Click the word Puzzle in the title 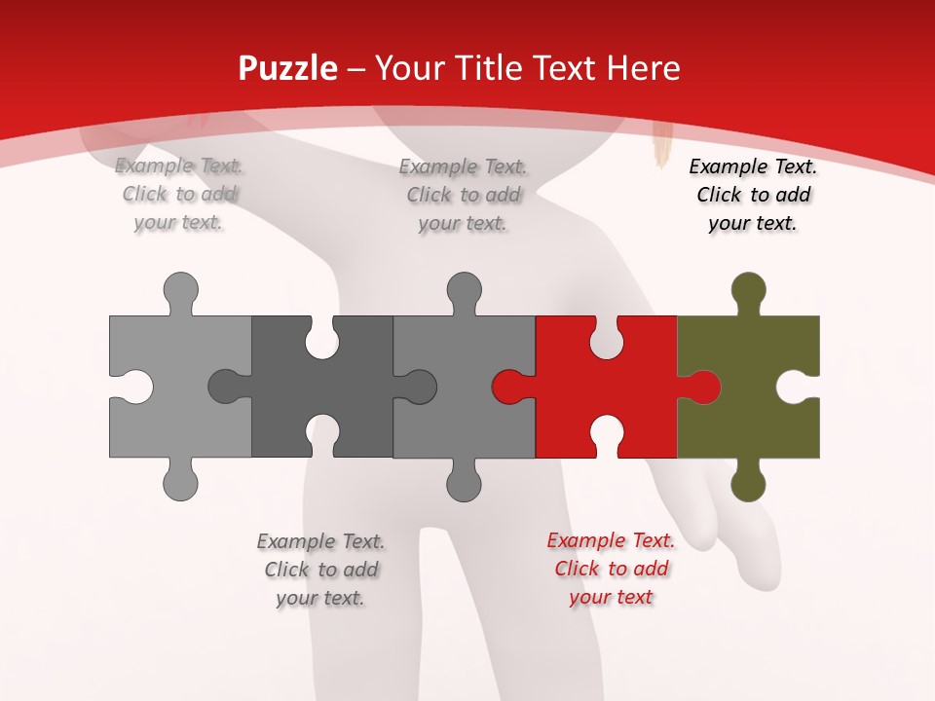click(x=288, y=68)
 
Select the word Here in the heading click(x=642, y=68)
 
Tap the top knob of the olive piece click(x=748, y=289)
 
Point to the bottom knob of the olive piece click(x=748, y=483)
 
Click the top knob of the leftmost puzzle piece click(x=180, y=290)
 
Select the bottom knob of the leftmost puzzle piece click(x=180, y=482)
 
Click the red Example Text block click(x=611, y=569)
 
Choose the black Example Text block click(x=753, y=195)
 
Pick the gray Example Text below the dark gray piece click(x=320, y=569)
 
